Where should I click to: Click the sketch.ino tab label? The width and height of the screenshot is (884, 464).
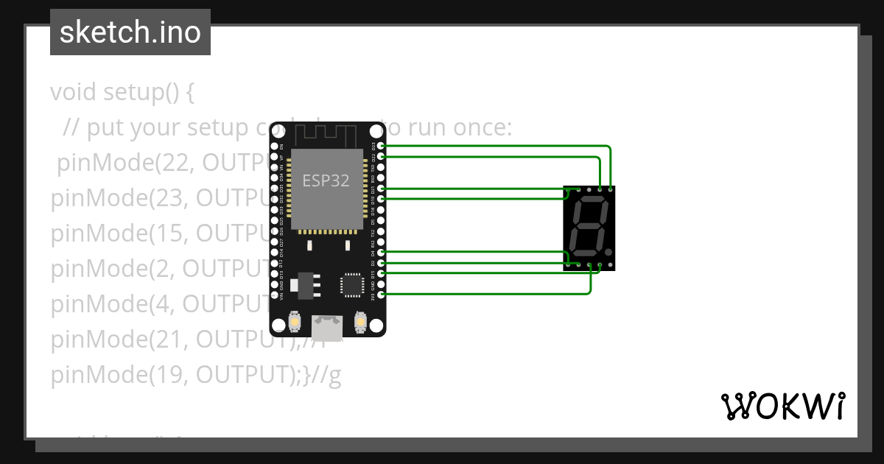(130, 32)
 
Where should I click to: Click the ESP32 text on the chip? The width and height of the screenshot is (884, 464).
(326, 180)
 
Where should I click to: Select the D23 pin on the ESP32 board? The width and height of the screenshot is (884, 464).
(380, 147)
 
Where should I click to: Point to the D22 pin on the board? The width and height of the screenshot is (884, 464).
(380, 157)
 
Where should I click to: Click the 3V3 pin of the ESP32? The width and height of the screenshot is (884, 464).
(380, 295)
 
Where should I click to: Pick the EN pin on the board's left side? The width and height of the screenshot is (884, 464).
(274, 147)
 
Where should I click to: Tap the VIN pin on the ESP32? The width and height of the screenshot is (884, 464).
(274, 295)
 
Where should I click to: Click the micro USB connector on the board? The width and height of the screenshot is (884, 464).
(327, 328)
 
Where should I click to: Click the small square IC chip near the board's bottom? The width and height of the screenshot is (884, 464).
(351, 285)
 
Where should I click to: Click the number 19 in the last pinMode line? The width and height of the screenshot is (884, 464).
(164, 376)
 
